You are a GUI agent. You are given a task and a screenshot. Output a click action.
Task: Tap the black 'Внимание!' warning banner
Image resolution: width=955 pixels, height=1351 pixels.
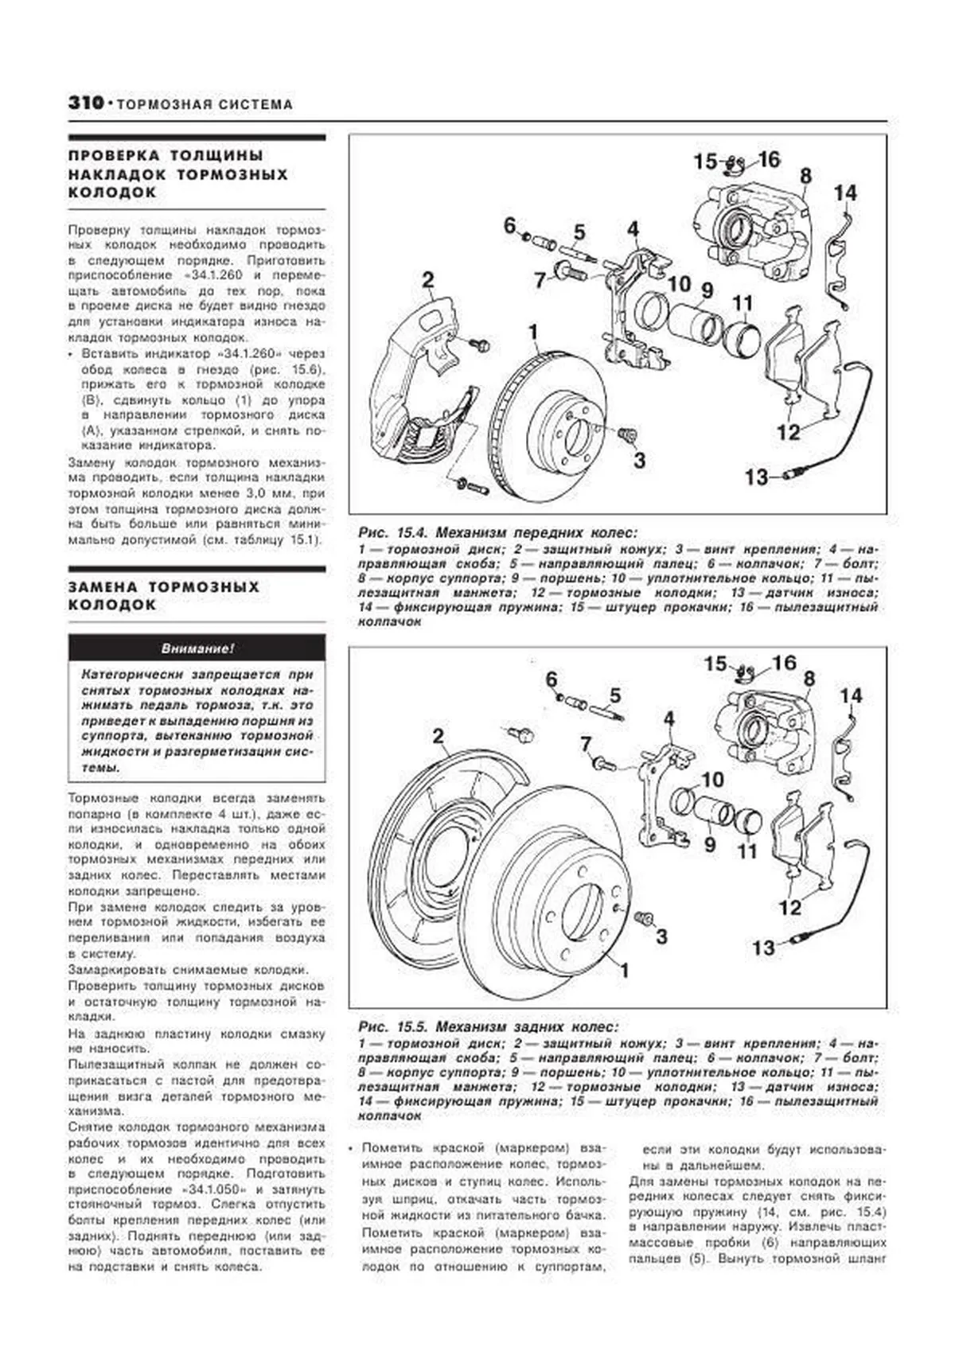(197, 648)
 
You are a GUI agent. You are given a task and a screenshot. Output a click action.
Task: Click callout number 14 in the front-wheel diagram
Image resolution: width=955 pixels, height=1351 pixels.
(845, 193)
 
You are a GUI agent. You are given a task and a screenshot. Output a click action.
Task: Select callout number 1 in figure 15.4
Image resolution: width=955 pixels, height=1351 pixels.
(533, 332)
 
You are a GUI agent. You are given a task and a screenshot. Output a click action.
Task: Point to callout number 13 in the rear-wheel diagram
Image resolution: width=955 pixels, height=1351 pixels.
(762, 948)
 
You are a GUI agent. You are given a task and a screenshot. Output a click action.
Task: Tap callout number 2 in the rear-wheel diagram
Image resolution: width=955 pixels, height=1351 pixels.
(439, 736)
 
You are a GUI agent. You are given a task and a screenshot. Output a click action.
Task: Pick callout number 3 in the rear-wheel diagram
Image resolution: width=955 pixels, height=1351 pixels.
(661, 936)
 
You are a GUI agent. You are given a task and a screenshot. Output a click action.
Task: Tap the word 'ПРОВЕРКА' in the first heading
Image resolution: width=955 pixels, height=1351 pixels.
(111, 155)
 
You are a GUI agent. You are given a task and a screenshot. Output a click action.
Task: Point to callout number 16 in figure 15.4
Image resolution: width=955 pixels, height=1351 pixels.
(769, 160)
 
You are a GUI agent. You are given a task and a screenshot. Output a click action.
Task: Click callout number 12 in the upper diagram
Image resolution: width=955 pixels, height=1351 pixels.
(788, 433)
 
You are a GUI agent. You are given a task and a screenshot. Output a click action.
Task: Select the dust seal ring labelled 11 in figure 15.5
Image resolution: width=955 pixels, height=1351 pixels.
(749, 822)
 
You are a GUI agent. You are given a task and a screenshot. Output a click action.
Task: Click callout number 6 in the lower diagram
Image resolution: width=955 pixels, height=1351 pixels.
(552, 680)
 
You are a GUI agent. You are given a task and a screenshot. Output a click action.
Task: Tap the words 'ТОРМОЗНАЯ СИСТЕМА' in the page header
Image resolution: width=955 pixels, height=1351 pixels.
(205, 104)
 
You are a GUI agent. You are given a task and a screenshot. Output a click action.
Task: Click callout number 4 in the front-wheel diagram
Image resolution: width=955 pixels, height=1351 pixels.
(633, 230)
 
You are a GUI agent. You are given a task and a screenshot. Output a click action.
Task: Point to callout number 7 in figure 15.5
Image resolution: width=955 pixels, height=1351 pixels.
(587, 744)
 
